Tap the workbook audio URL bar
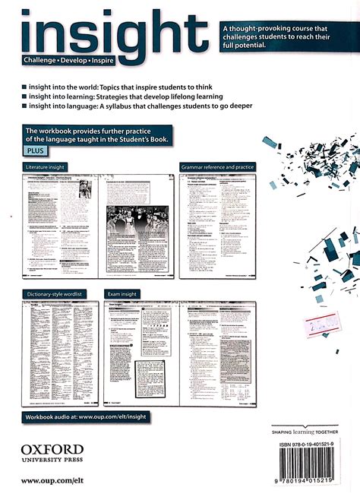click(x=87, y=416)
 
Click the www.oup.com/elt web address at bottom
click(x=51, y=480)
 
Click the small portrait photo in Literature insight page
click(x=85, y=189)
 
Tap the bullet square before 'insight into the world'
click(x=25, y=87)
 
